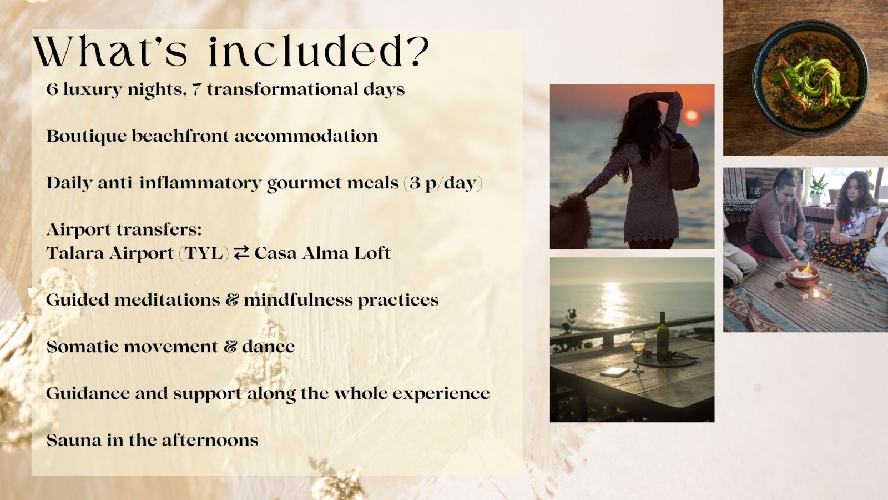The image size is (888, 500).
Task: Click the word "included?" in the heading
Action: pos(319,52)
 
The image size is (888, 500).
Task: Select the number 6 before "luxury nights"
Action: pos(52,89)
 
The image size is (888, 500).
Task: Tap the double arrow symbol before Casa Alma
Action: pos(241,252)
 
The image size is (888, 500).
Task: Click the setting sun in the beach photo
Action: pos(692,117)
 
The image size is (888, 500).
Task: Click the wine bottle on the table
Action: pos(662,337)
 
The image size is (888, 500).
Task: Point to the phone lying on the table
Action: pos(614,372)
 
